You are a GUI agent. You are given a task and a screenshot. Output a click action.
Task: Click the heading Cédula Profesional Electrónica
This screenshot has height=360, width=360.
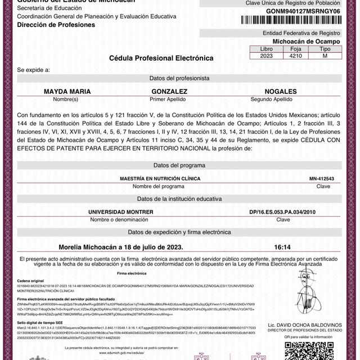click(161, 58)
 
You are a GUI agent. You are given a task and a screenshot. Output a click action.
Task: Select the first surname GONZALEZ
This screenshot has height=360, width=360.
click(169, 91)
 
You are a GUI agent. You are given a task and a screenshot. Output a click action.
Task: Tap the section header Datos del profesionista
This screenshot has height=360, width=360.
click(179, 78)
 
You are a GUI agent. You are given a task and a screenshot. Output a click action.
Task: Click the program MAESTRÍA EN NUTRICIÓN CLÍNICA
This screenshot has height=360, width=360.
click(160, 178)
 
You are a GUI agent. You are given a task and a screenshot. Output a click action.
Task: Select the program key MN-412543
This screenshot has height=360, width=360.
click(322, 178)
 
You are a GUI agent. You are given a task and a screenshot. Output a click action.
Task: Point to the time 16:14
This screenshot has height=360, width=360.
click(282, 246)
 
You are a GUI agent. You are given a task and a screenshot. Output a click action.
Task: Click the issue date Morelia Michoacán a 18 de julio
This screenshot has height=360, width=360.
click(120, 246)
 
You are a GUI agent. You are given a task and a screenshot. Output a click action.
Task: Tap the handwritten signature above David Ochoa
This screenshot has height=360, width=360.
click(307, 298)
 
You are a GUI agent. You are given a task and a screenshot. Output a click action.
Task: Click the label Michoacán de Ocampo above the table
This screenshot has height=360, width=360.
click(298, 42)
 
